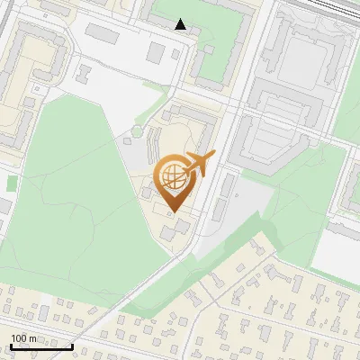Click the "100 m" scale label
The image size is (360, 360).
pyautogui.click(x=23, y=337)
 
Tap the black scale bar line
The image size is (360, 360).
pyautogui.click(x=40, y=346)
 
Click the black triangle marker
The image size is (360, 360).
pyautogui.click(x=181, y=24)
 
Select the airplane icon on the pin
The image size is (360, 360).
pyautogui.click(x=199, y=165)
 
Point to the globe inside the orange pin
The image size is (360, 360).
pyautogui.click(x=171, y=175)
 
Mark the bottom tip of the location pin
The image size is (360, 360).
pyautogui.click(x=171, y=211)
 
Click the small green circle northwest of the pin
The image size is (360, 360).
pyautogui.click(x=136, y=131)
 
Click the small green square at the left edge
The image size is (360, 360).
pyautogui.click(x=12, y=183)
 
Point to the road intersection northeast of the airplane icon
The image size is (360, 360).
pyautogui.click(x=231, y=115)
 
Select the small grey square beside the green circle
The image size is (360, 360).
pyautogui.click(x=147, y=141)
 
